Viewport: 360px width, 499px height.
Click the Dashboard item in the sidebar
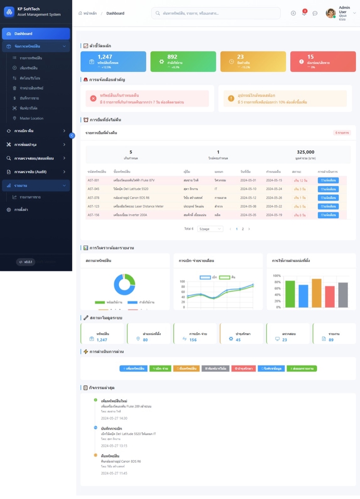click(x=35, y=34)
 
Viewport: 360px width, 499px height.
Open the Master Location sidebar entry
click(x=31, y=119)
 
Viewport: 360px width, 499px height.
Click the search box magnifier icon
click(x=158, y=13)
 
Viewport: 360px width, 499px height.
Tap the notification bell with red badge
click(x=304, y=13)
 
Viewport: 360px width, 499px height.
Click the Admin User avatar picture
click(x=330, y=14)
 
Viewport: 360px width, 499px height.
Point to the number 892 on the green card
click(x=172, y=57)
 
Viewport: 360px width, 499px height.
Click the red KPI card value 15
click(x=311, y=57)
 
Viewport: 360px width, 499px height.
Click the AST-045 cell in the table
click(x=94, y=189)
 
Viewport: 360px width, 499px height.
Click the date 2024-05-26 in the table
click(x=274, y=198)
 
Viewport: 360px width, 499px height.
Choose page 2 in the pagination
click(x=243, y=229)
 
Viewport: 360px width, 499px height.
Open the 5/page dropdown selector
click(x=210, y=229)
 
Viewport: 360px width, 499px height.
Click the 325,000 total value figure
click(x=305, y=152)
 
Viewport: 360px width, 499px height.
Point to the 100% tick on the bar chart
click(x=277, y=276)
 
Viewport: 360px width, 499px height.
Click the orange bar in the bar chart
click(x=316, y=293)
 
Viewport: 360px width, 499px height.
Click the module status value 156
click(x=193, y=340)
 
